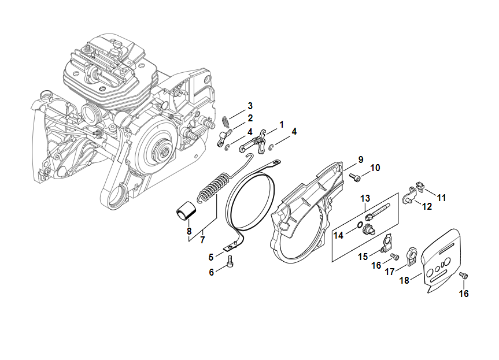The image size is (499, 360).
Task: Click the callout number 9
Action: coord(360,159)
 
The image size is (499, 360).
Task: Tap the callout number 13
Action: coord(365,199)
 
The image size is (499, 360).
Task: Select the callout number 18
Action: coord(404,280)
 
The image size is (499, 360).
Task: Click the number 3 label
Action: coord(250,106)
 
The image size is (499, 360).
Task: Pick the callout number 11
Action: coord(441,198)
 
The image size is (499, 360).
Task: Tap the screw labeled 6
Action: coord(231,263)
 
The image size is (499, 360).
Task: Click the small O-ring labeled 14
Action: coord(359,225)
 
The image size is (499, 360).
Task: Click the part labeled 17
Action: coord(413,256)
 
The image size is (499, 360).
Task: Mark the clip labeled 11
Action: coord(420,186)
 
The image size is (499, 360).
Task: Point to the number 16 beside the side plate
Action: coord(464,294)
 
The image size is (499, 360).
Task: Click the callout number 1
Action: coord(282,124)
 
